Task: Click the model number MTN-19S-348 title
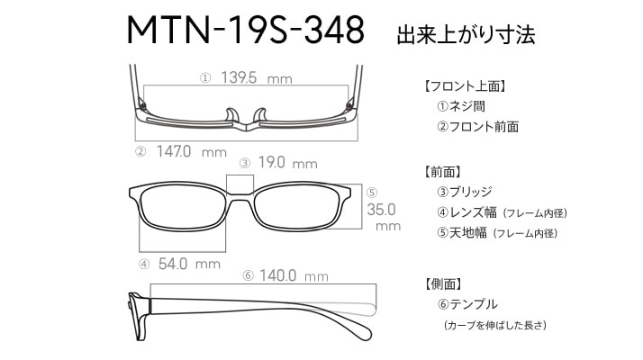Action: coord(246,30)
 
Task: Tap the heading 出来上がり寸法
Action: coord(466,34)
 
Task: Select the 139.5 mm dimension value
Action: coord(257,77)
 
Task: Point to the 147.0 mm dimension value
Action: coord(192,152)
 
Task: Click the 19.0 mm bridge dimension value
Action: coord(288,163)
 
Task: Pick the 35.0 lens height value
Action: coord(381,210)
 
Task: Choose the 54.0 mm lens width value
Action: coord(189,264)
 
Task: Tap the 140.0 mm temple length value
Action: coord(294,275)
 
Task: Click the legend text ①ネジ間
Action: coord(461,106)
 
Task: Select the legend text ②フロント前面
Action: coord(477,127)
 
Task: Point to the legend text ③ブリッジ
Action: coord(465,192)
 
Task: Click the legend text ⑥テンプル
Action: coord(467,304)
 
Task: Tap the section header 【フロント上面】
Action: coord(465,86)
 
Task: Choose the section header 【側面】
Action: coord(443,283)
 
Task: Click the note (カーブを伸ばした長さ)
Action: coord(495,325)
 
